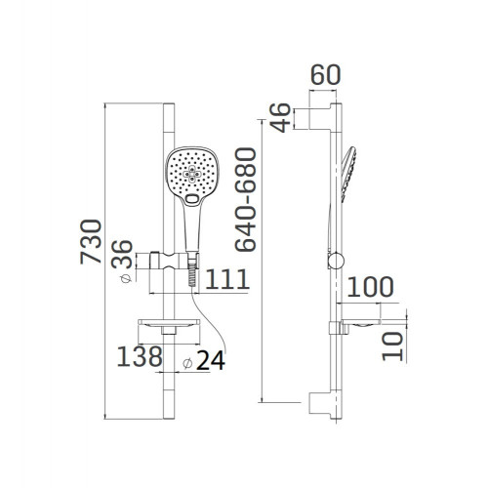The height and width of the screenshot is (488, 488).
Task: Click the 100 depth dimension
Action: pyautogui.click(x=370, y=287)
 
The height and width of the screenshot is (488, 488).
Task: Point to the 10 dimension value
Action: pyautogui.click(x=391, y=344)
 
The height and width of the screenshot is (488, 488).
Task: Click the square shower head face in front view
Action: pyautogui.click(x=192, y=175)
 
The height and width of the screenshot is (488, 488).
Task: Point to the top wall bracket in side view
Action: pyautogui.click(x=321, y=116)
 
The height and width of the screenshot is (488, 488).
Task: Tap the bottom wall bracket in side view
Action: pyautogui.click(x=321, y=400)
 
